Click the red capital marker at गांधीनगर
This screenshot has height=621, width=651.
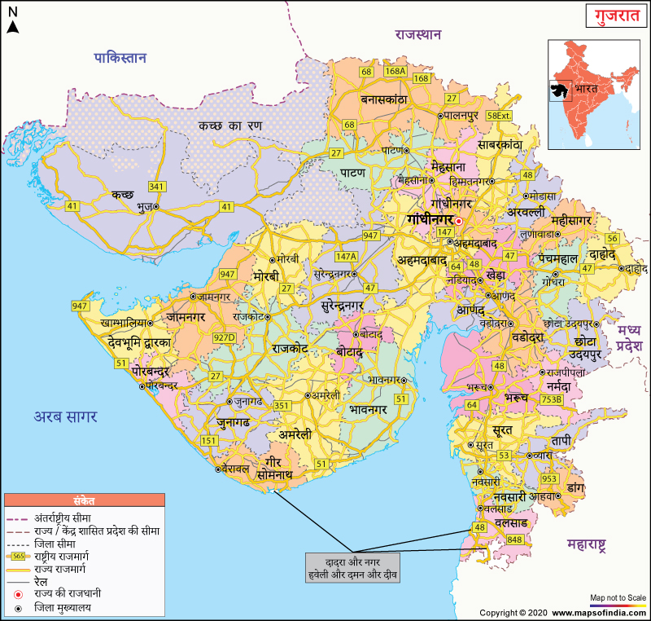459,221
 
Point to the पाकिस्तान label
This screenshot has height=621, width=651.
120,58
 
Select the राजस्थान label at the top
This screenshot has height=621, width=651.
417,35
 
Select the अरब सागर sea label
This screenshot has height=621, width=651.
65,416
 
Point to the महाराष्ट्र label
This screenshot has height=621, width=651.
599,547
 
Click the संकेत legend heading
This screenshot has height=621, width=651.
84,501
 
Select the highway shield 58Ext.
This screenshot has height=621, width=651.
499,116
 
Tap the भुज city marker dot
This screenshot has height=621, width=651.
156,208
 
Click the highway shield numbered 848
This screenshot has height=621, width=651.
513,540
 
